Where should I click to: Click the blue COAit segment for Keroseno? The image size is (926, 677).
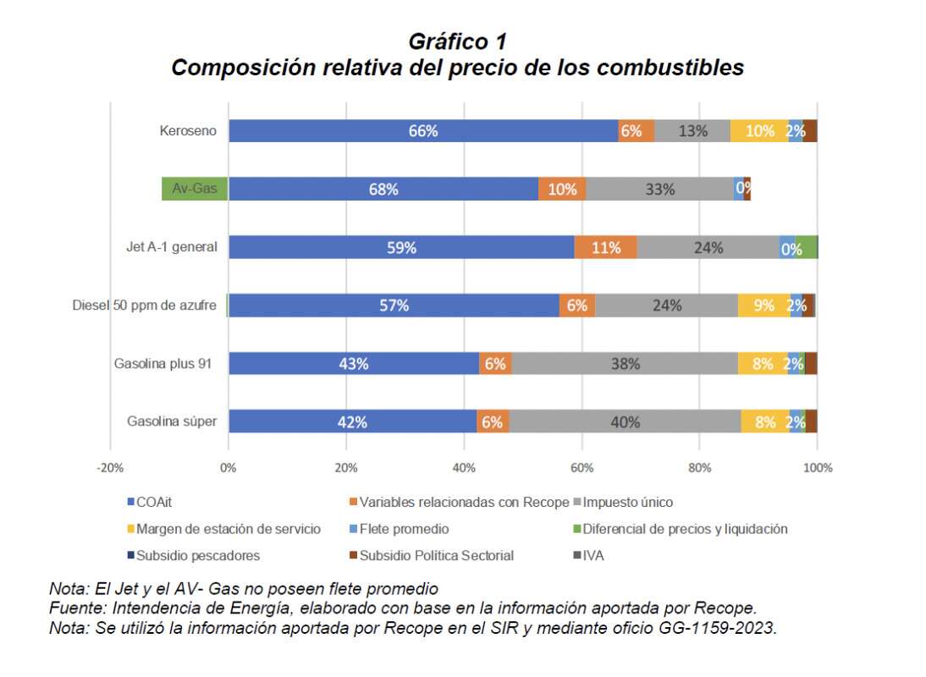423,131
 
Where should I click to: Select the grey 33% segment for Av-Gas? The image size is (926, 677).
659,190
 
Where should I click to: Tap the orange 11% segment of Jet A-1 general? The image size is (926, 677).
605,248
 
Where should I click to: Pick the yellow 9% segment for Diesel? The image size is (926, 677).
763,305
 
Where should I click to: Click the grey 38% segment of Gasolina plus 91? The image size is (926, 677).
625,364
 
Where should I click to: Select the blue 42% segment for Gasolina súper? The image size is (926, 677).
352,421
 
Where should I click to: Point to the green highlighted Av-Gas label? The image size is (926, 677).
195,189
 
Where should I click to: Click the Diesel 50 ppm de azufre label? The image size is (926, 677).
145,305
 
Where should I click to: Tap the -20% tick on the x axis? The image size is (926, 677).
110,467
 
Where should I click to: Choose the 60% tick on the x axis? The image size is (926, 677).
582,467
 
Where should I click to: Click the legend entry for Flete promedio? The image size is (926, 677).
403,529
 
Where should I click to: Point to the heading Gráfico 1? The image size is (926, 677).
457,41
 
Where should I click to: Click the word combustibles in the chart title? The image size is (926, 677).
670,68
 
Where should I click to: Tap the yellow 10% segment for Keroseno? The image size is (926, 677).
759,131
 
